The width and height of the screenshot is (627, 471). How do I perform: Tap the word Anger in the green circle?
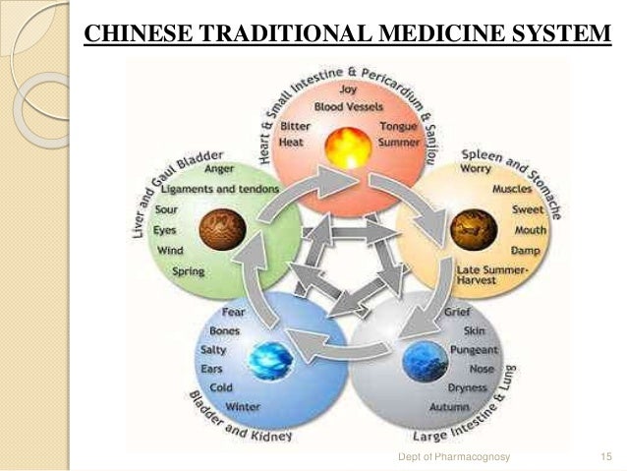coord(219,168)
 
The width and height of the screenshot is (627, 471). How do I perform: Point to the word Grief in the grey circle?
coord(457,313)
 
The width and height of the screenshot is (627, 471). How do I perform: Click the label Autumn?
coord(449,406)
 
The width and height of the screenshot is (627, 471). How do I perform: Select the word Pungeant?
coord(474,350)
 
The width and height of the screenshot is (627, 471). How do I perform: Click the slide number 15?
coord(604,457)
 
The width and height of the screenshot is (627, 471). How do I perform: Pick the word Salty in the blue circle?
coord(213,351)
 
